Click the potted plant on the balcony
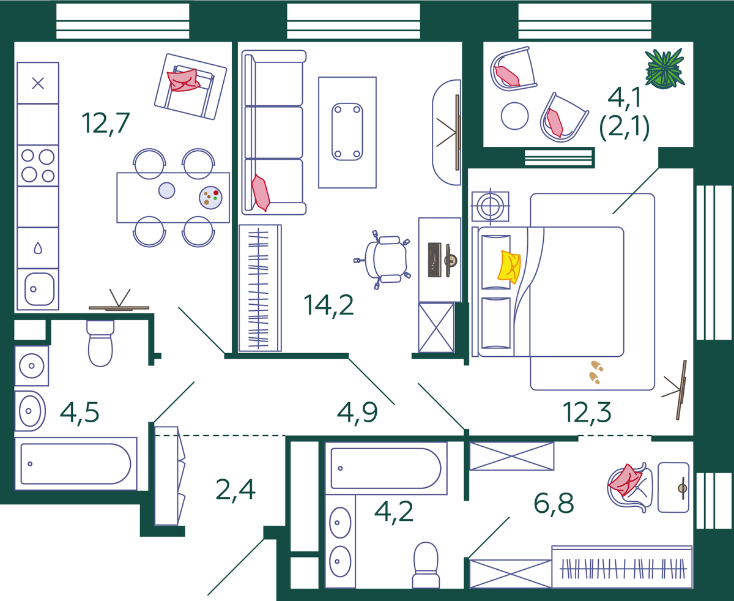[664, 69]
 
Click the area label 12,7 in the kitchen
[105, 123]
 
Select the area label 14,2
[328, 305]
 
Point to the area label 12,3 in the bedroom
[587, 412]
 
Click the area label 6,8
[554, 503]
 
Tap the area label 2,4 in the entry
[235, 490]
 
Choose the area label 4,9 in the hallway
[357, 412]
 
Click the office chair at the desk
[383, 259]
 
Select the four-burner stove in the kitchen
[38, 166]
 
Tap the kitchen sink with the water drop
[38, 248]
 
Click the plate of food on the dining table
[210, 198]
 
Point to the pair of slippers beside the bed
[596, 372]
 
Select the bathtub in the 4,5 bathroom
[76, 464]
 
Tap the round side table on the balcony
[515, 116]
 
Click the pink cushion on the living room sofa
[261, 193]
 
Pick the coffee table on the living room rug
[347, 132]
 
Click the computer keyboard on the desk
[434, 260]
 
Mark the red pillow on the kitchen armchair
[183, 80]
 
